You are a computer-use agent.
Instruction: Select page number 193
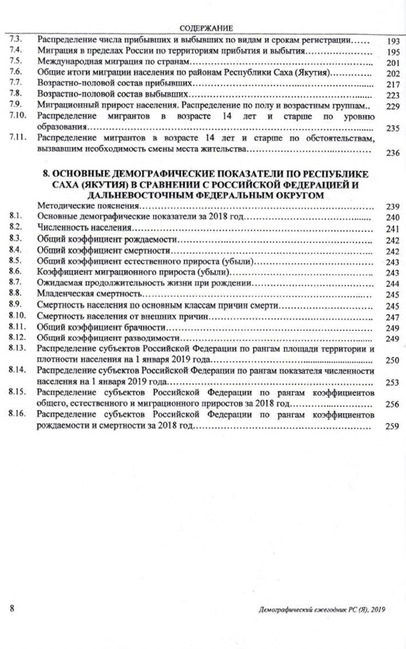pyautogui.click(x=391, y=42)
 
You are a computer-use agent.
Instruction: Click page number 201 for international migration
pyautogui.click(x=392, y=63)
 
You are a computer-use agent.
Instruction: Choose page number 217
pyautogui.click(x=392, y=85)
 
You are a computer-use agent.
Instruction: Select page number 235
pyautogui.click(x=392, y=129)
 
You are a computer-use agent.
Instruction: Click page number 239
pyautogui.click(x=392, y=207)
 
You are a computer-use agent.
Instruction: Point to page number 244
pyautogui.click(x=392, y=284)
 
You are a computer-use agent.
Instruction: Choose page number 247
pyautogui.click(x=392, y=316)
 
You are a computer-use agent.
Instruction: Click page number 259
pyautogui.click(x=392, y=426)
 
